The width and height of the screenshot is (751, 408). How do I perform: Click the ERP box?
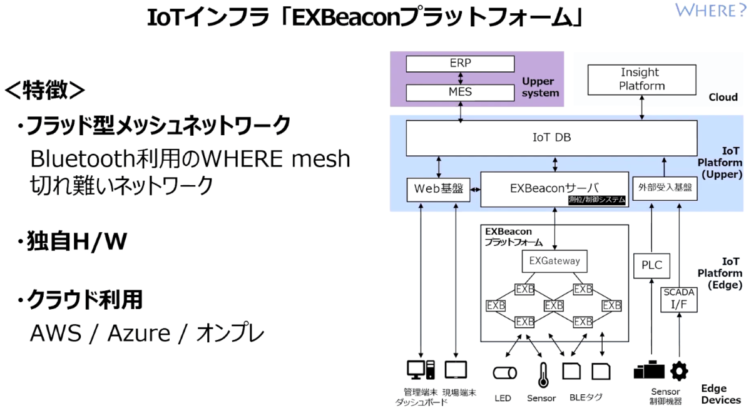pyautogui.click(x=460, y=64)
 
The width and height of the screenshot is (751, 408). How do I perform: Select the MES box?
pyautogui.click(x=460, y=93)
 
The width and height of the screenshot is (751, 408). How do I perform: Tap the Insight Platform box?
pyautogui.click(x=641, y=79)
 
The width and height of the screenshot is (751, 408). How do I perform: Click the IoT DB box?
pyautogui.click(x=551, y=138)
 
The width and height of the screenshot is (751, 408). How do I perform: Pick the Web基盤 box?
pyautogui.click(x=438, y=189)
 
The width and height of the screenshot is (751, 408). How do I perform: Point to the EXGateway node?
pyautogui.click(x=554, y=261)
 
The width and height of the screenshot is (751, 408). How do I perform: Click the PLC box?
pyautogui.click(x=651, y=265)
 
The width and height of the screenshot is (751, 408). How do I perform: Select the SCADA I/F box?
pyautogui.click(x=679, y=299)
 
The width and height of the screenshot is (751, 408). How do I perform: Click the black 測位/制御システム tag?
pyautogui.click(x=596, y=200)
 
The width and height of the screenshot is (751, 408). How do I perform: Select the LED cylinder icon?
pyautogui.click(x=504, y=373)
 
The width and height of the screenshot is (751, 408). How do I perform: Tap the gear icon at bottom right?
pyautogui.click(x=679, y=371)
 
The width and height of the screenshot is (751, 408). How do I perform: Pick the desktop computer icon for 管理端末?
pyautogui.click(x=421, y=370)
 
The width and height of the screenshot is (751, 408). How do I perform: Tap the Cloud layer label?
pyautogui.click(x=723, y=97)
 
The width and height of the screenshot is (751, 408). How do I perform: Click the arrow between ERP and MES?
pyautogui.click(x=461, y=78)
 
